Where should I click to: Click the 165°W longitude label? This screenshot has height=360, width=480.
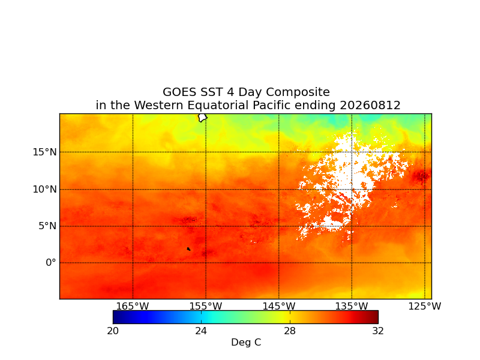coord(133,306)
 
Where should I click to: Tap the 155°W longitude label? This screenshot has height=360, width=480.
coord(206,306)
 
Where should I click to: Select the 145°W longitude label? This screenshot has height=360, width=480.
coord(279,306)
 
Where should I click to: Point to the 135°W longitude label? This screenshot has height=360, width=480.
coord(352,306)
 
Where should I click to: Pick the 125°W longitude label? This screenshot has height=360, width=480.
coord(425,306)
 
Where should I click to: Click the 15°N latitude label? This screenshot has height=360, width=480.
coord(44,152)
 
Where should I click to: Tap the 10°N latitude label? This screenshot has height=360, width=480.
coord(44,190)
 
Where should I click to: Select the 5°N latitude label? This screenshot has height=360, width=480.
coord(47,226)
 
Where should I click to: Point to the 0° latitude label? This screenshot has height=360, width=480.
coord(51,263)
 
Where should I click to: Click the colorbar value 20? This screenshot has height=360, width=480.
coord(113,331)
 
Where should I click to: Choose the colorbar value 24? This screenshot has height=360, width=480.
coord(201,331)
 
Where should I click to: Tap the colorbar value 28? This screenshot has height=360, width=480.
coord(290,331)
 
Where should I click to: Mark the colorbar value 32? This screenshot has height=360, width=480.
coord(378,331)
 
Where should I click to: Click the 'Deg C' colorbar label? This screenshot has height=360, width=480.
coord(246,342)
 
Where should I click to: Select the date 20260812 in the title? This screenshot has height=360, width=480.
coord(370,106)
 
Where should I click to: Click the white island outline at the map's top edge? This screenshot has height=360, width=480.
coord(202,118)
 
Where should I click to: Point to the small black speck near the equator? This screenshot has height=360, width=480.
coord(188,249)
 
